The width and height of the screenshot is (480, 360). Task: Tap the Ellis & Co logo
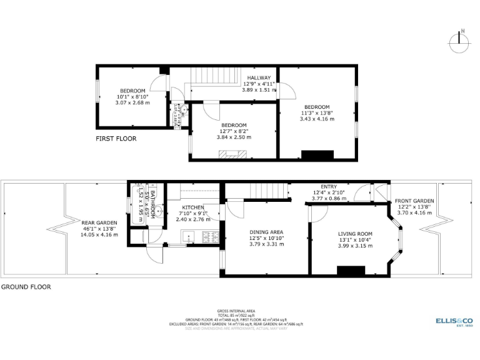(x=454, y=321)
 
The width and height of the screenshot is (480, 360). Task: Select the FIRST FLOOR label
(x=116, y=139)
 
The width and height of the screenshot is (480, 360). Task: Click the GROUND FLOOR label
(x=26, y=287)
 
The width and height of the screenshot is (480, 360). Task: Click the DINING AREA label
(x=267, y=232)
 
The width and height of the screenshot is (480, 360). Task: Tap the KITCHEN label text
(x=192, y=207)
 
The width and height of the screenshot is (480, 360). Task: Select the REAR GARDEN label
(x=99, y=222)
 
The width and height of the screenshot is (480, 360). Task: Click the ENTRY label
(x=328, y=186)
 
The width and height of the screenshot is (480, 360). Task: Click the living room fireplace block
(x=351, y=270)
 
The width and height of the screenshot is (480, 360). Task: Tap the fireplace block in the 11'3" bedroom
(x=314, y=154)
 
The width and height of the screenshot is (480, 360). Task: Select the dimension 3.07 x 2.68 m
(x=132, y=103)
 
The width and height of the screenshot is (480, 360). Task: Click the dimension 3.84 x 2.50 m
(x=234, y=137)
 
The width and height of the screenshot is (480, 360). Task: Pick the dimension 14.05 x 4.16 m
(x=99, y=234)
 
